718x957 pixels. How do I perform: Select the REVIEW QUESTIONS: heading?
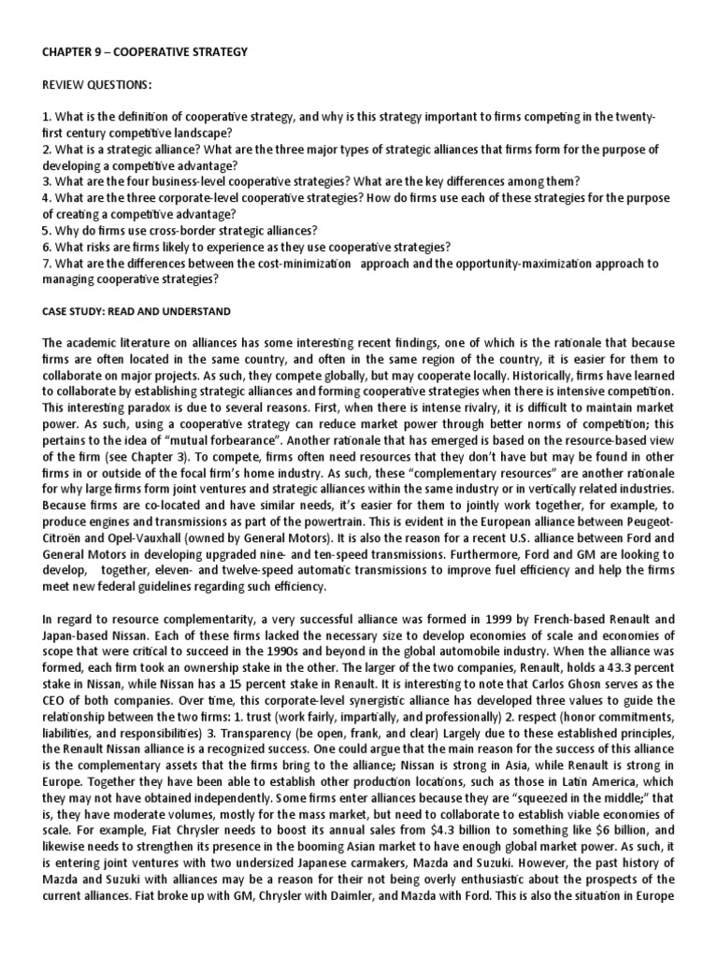(95, 86)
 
